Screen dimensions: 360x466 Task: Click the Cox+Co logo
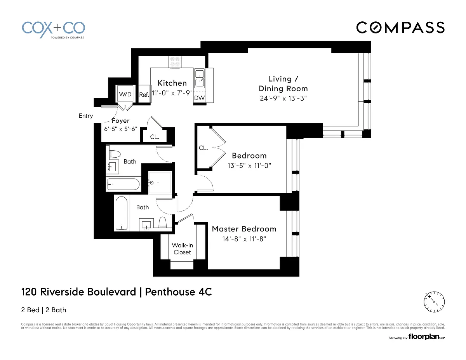click(x=54, y=29)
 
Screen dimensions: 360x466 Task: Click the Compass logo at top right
click(x=400, y=28)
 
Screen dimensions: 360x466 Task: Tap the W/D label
click(x=125, y=94)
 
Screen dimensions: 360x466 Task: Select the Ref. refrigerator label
click(x=144, y=95)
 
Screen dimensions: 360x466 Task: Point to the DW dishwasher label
click(x=199, y=98)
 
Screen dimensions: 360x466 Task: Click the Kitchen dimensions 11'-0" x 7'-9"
click(x=172, y=93)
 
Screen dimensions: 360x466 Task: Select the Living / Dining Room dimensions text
click(x=283, y=99)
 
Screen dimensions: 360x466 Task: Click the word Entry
click(x=86, y=116)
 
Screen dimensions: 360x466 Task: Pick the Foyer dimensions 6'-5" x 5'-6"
click(x=121, y=129)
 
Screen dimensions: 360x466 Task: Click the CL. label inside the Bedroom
click(x=203, y=148)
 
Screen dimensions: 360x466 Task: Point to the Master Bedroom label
click(x=244, y=229)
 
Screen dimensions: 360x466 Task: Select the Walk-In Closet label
click(x=182, y=249)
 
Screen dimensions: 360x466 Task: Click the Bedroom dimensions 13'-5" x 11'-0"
click(x=249, y=165)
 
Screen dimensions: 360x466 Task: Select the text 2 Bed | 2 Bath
click(x=43, y=310)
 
